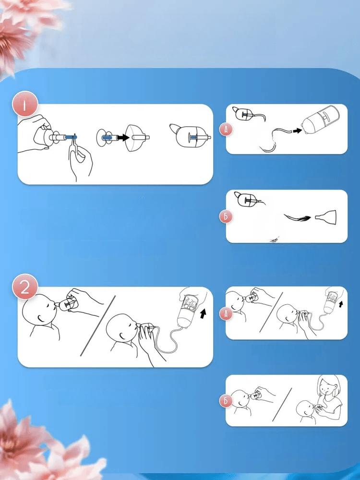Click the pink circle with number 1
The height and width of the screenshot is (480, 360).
point(25,104)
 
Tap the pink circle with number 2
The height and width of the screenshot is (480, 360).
point(25,287)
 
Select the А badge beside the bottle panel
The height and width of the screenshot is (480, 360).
point(226,130)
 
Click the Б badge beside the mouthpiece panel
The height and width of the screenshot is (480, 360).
point(226,217)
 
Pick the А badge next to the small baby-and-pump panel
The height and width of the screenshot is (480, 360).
point(226,313)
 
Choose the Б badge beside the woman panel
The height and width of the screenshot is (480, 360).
point(226,401)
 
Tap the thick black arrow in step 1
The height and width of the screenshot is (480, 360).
point(123,138)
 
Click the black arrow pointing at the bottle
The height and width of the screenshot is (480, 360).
point(297,131)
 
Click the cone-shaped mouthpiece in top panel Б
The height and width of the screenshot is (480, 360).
point(326,217)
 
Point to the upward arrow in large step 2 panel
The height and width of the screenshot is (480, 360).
point(203,313)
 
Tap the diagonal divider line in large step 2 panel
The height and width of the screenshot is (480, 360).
point(97,326)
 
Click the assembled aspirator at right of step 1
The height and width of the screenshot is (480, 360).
point(190,136)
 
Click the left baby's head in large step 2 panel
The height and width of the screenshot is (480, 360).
point(39,310)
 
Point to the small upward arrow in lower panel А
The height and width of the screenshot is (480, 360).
point(341,304)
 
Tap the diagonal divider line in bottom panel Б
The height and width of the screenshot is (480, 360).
point(282,404)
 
